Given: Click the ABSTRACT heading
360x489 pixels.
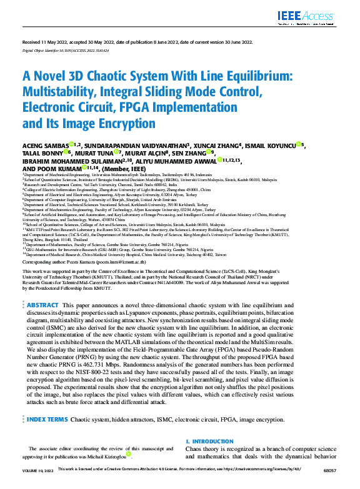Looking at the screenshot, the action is coord(42,304).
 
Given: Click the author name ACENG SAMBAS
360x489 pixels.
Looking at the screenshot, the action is coord(44,145).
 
